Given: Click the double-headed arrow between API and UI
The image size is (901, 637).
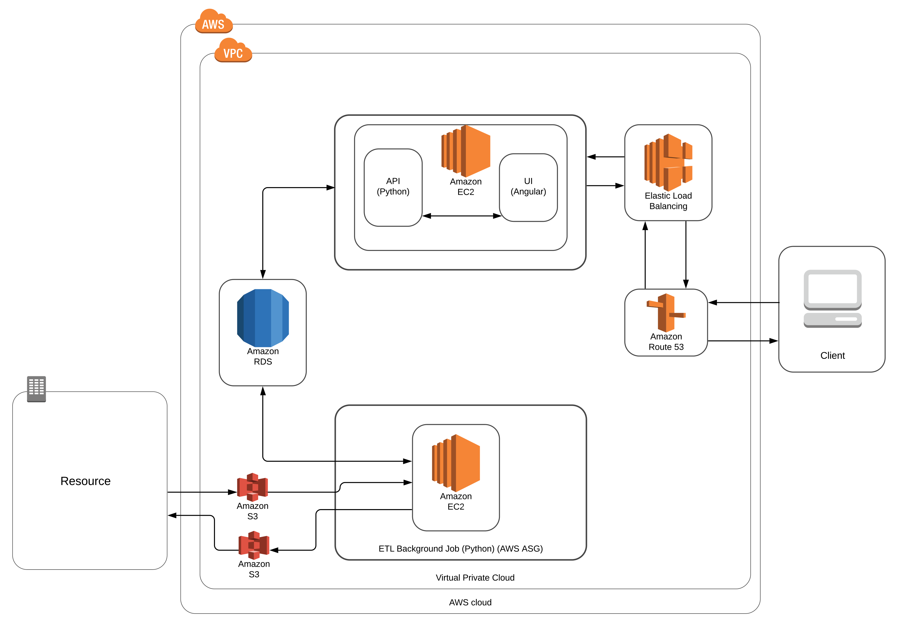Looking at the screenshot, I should pos(462,216).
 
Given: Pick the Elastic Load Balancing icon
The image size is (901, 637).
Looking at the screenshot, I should pos(668,162).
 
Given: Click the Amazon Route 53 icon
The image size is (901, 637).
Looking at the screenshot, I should pos(666,313).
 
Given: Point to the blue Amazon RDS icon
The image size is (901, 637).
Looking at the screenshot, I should pos(263,317).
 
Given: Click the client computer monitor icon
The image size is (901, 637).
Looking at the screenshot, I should pos(832,299).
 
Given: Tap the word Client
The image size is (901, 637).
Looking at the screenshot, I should pos(832,355).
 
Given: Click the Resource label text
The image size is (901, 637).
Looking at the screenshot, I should pos(86,481).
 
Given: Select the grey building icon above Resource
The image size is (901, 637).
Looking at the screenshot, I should pos(37,389).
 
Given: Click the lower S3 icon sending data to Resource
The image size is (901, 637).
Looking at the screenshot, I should pos(254,545).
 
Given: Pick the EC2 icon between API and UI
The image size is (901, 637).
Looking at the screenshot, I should pos(466,151).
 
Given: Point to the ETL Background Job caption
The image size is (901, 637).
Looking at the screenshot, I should pos(460,549).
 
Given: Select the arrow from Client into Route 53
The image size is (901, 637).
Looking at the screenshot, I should pos(744,302).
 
